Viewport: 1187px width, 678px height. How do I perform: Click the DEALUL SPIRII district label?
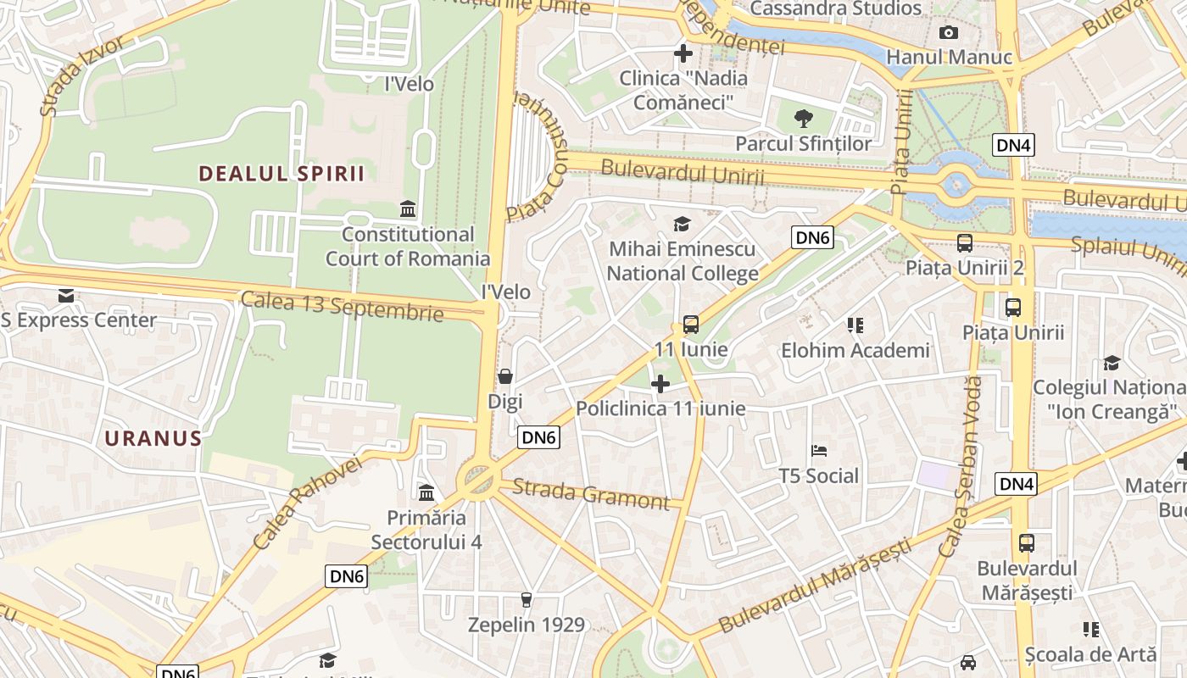click(281, 174)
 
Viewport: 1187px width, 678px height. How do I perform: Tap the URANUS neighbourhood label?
click(153, 438)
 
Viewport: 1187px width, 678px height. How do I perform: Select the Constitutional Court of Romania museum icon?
click(408, 208)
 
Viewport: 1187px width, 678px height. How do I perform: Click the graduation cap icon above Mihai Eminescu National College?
click(682, 224)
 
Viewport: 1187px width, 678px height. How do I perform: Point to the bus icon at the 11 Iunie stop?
click(691, 324)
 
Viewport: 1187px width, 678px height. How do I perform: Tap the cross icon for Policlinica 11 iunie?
click(660, 384)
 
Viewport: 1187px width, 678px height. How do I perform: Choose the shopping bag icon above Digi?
click(505, 375)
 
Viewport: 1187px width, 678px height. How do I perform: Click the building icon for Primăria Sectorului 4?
click(426, 492)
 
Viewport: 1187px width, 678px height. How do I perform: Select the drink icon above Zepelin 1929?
click(527, 600)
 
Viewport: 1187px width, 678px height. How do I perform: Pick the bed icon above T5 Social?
click(819, 450)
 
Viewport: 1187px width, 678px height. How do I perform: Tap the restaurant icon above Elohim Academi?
click(855, 325)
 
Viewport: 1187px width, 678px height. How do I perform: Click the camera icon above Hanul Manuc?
click(949, 33)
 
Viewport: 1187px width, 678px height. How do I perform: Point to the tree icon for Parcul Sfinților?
click(803, 119)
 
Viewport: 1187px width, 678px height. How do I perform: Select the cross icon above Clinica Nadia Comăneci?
click(683, 53)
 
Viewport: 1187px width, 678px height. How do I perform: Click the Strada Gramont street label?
click(591, 494)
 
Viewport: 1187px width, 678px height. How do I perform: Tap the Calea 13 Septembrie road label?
click(342, 306)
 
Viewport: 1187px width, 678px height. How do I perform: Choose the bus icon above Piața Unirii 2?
click(965, 243)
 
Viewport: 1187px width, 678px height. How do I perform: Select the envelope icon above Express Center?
click(66, 296)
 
